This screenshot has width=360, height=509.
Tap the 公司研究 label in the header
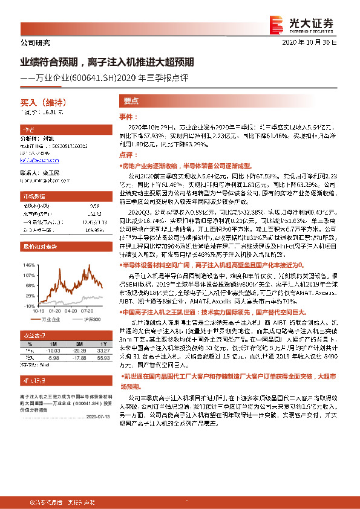point(34,43)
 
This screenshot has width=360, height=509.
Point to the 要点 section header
point(131,102)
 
